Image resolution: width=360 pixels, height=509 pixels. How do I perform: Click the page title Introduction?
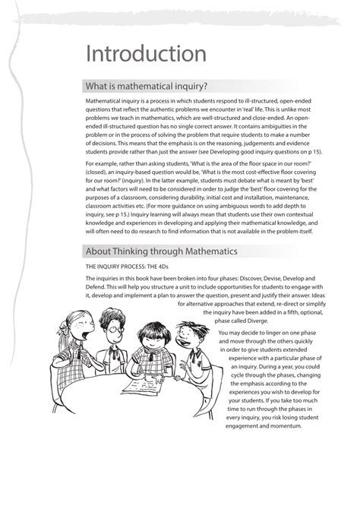point(146,54)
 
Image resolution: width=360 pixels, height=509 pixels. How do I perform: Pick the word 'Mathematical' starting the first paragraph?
point(106,101)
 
